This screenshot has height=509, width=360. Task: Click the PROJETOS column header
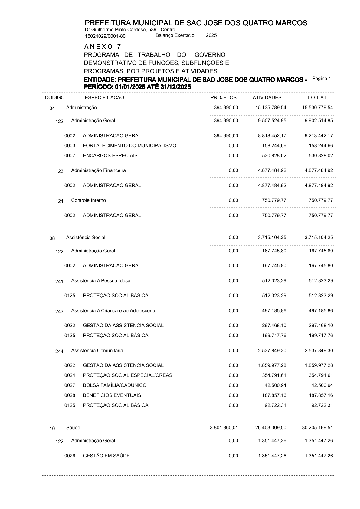pyautogui.click(x=223, y=97)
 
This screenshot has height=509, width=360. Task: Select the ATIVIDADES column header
pyautogui.click(x=267, y=97)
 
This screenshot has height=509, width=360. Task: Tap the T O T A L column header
pyautogui.click(x=317, y=97)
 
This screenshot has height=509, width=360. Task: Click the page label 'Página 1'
pyautogui.click(x=322, y=79)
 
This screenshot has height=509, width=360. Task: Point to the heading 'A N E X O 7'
pyautogui.click(x=103, y=47)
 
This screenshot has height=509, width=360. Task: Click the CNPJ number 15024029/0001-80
pyautogui.click(x=105, y=36)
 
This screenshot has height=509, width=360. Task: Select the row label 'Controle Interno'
pyautogui.click(x=88, y=200)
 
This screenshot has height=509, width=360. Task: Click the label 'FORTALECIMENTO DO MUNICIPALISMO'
pyautogui.click(x=129, y=146)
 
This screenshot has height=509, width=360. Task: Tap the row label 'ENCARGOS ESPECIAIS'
pyautogui.click(x=110, y=156)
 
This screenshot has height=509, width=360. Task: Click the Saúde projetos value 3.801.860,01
pyautogui.click(x=224, y=428)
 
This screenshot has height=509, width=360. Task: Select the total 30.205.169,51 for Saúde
pyautogui.click(x=317, y=428)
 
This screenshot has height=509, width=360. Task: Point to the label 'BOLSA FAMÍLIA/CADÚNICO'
pyautogui.click(x=115, y=385)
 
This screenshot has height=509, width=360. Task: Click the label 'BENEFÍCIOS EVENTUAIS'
pyautogui.click(x=112, y=395)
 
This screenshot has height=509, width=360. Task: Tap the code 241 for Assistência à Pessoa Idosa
pyautogui.click(x=59, y=282)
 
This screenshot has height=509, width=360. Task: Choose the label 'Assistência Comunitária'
pyautogui.click(x=97, y=351)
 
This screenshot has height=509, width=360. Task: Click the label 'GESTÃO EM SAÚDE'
pyautogui.click(x=106, y=456)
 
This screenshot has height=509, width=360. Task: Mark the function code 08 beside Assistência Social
pyautogui.click(x=52, y=238)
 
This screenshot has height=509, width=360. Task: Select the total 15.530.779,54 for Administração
pyautogui.click(x=317, y=108)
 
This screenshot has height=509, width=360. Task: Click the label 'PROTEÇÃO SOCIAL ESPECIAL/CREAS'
pyautogui.click(x=127, y=375)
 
